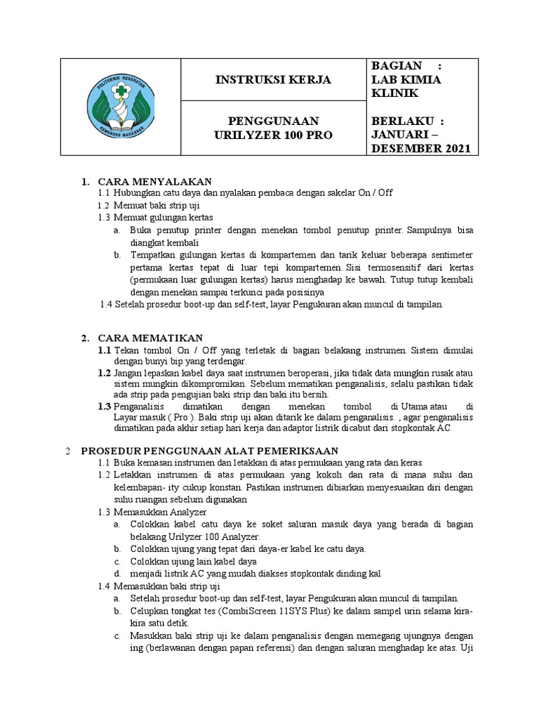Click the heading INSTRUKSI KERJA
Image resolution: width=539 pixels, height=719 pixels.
point(273,79)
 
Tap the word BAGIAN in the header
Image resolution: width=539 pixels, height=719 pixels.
point(397,65)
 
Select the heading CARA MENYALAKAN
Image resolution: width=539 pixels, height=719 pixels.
point(151,182)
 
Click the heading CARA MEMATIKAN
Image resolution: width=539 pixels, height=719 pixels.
point(150,338)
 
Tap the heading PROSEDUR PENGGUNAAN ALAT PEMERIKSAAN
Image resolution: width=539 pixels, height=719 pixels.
point(210,450)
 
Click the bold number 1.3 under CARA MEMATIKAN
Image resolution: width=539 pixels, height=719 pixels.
point(105,407)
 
